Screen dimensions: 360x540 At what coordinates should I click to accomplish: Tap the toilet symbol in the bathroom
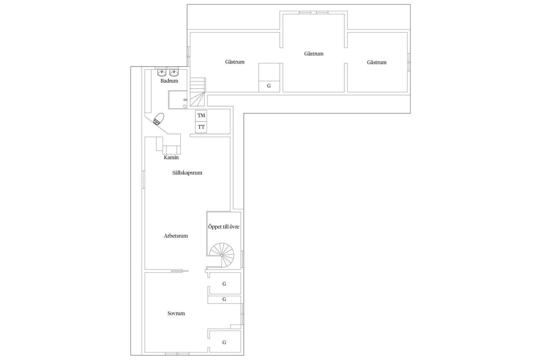click(159, 119)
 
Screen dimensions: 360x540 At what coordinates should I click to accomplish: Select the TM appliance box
click(201, 116)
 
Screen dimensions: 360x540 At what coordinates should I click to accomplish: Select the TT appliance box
click(201, 127)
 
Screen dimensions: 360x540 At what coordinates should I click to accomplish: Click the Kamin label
click(171, 157)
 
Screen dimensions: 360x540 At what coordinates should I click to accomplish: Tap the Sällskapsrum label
click(187, 173)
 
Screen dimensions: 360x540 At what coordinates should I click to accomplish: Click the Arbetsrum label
click(175, 236)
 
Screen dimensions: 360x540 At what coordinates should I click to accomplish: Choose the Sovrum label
click(176, 313)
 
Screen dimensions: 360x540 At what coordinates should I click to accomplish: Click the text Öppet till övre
click(224, 227)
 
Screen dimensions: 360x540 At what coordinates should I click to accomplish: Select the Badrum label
click(169, 81)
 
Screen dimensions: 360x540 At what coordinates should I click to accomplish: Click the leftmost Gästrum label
click(235, 62)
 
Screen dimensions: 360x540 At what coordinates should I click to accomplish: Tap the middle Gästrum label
click(314, 54)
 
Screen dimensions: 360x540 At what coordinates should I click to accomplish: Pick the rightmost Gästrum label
click(377, 62)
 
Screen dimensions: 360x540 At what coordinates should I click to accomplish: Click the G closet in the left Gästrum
click(269, 86)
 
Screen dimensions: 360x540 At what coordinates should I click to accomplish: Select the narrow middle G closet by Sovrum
click(224, 299)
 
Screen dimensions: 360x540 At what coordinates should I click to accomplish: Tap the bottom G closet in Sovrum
click(224, 342)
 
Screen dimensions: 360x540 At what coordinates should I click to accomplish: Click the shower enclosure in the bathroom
click(177, 100)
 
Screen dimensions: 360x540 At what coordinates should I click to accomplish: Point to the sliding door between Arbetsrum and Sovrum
click(179, 271)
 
